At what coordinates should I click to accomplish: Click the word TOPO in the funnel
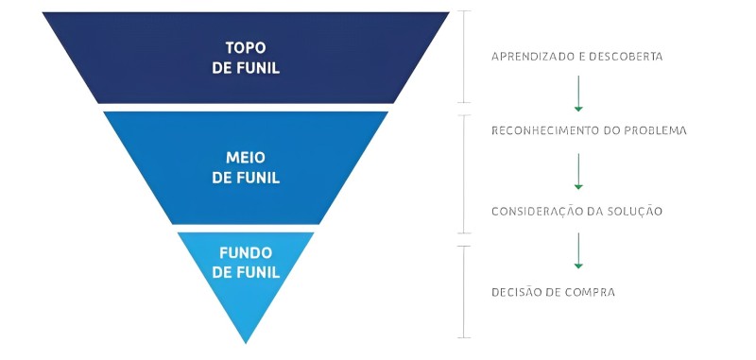click(x=246, y=47)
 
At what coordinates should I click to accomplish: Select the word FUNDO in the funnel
click(x=246, y=253)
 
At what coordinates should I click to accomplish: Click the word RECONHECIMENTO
click(x=551, y=129)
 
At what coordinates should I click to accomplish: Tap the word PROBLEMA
click(x=653, y=129)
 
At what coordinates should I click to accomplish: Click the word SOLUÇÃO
click(x=637, y=211)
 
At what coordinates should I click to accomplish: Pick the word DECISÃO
click(x=519, y=292)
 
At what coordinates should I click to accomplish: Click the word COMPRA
click(x=592, y=292)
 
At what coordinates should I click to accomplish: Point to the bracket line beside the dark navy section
click(x=462, y=57)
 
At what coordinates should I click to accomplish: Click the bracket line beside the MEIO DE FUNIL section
click(x=462, y=174)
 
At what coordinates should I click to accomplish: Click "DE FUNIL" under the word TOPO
click(x=246, y=68)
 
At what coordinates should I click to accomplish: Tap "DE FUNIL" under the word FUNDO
click(x=246, y=272)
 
